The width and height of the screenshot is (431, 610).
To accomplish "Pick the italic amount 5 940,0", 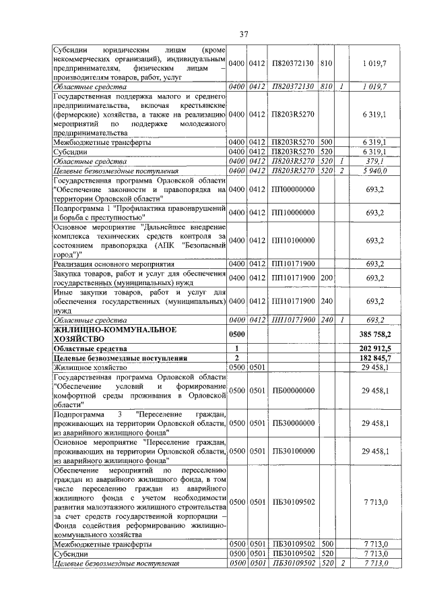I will (376, 171).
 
